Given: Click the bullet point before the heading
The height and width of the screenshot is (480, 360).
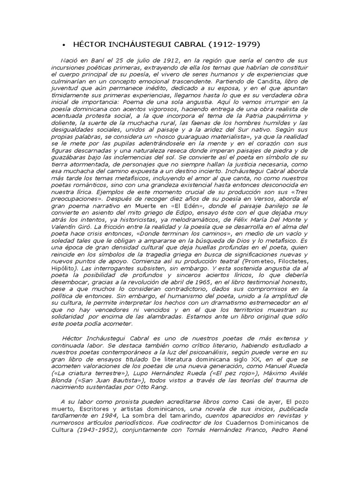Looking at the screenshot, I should pyautogui.click(x=63, y=45).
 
